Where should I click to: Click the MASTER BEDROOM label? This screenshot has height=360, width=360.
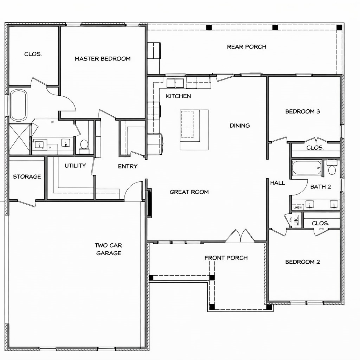point(102,59)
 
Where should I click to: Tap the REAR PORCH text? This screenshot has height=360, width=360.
point(246,47)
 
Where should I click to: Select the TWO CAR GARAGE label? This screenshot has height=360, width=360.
point(108,249)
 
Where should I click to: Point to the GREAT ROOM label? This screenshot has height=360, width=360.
point(189,192)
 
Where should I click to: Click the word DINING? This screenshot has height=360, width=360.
point(240,126)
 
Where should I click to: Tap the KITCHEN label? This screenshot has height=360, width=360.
point(178,96)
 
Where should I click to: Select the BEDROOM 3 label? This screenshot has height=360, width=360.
point(302,111)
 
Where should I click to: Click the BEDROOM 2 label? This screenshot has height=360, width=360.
point(302,262)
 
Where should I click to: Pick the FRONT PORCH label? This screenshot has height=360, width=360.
point(226,258)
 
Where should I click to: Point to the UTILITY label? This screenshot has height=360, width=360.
point(75,166)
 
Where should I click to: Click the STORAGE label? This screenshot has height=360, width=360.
point(27,177)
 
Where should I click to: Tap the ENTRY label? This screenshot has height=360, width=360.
point(128,166)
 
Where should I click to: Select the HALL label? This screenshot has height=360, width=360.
point(277,183)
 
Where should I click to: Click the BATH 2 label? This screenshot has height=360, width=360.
point(320,187)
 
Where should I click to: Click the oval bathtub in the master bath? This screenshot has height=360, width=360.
point(19,105)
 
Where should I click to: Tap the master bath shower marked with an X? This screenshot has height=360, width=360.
point(19,139)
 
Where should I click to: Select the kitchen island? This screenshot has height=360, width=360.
point(194,125)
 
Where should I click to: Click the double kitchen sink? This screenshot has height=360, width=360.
point(175,83)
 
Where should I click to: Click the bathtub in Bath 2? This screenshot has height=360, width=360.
point(307,168)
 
